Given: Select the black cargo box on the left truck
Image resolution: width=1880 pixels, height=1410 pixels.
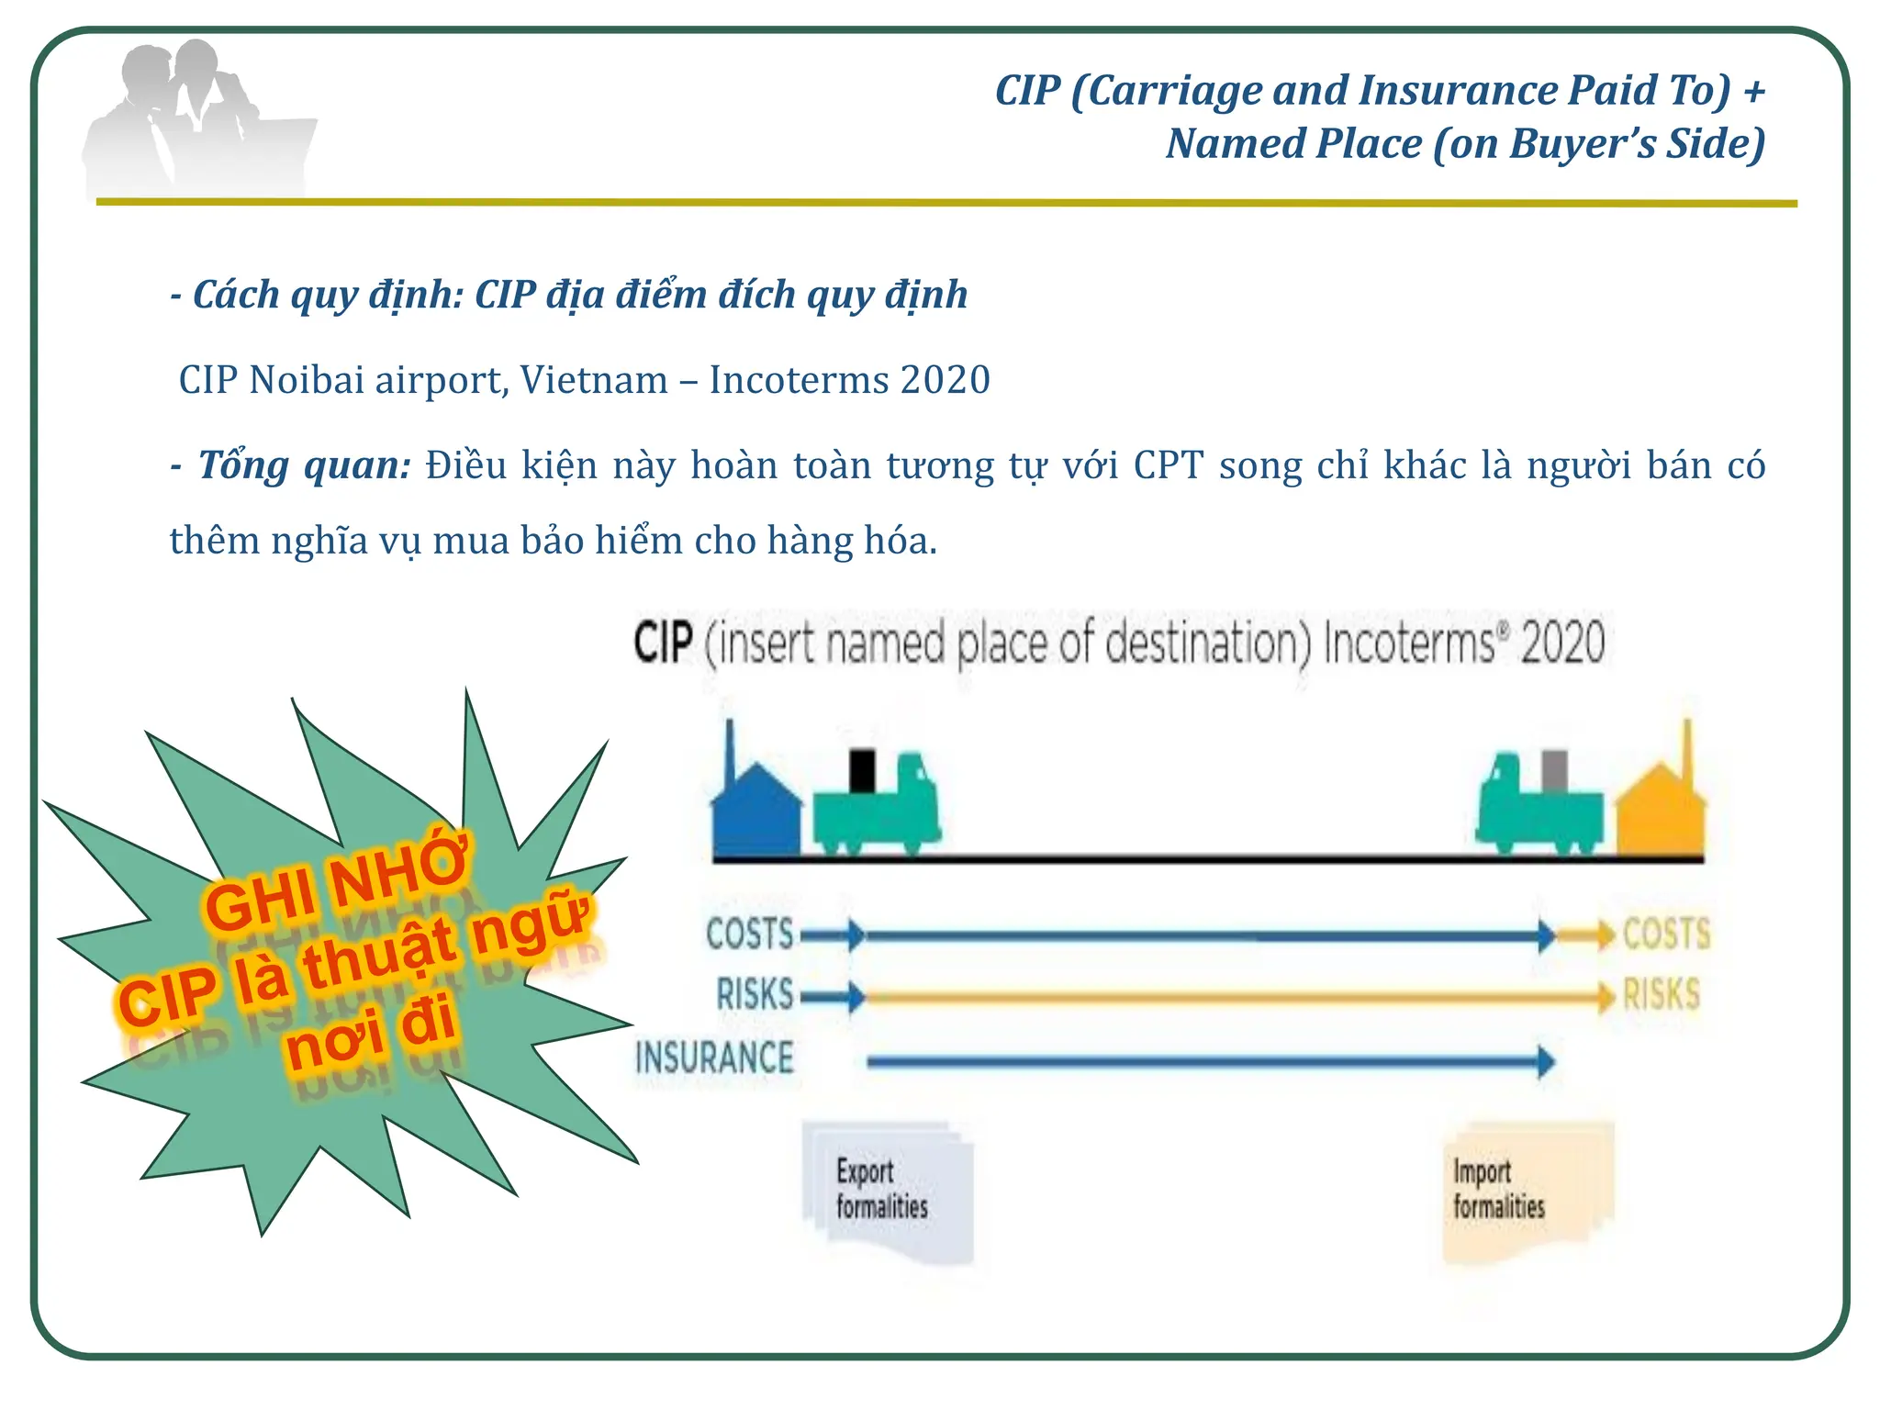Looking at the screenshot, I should pos(862,771).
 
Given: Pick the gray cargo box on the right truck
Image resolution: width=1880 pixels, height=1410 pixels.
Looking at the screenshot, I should pos(1554,771).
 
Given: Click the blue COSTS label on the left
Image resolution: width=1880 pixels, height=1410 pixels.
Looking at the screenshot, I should pos(749,934).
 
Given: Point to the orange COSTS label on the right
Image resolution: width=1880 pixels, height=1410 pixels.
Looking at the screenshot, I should pos(1666,934).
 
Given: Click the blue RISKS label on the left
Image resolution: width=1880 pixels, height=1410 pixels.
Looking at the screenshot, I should pos(755,995).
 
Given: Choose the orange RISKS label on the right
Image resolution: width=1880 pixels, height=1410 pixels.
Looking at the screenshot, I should pos(1661,995).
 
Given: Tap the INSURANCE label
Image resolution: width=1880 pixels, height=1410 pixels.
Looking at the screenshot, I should pos(714,1058).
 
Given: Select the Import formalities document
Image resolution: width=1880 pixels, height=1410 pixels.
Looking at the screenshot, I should pos(1524,1191).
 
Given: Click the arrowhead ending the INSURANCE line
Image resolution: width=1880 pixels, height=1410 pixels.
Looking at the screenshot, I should pos(1546,1062).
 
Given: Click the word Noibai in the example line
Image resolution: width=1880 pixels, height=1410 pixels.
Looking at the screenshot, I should pos(307,380).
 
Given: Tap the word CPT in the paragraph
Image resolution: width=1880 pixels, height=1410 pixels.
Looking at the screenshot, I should pos(1168,465).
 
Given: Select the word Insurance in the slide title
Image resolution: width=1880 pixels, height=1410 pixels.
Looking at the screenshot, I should pos(1459,90).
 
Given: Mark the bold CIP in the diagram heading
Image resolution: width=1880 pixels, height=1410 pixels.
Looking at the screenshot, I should pos(662,643).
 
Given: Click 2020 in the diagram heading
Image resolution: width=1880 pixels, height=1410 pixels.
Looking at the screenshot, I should pos(1562,643).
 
